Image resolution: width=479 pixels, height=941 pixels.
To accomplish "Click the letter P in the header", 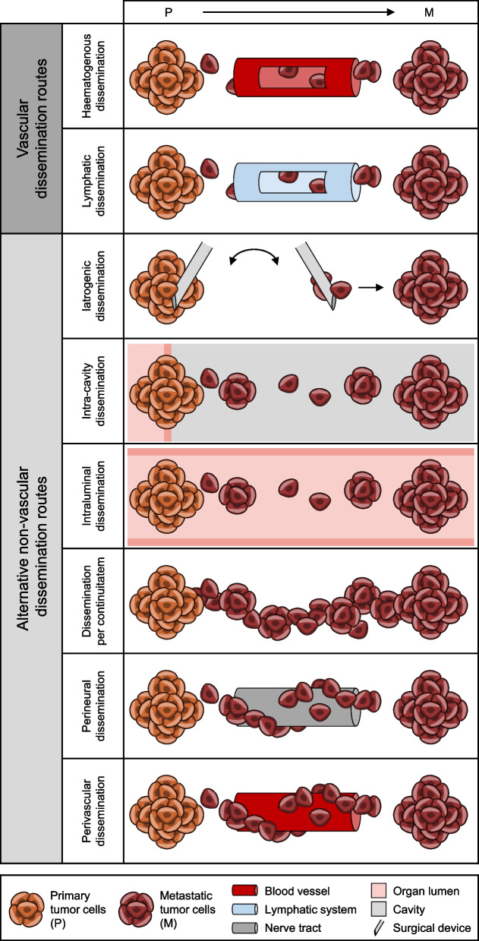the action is pyautogui.click(x=169, y=11).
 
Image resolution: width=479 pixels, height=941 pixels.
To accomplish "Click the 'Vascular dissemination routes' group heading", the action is pyautogui.click(x=31, y=128).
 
